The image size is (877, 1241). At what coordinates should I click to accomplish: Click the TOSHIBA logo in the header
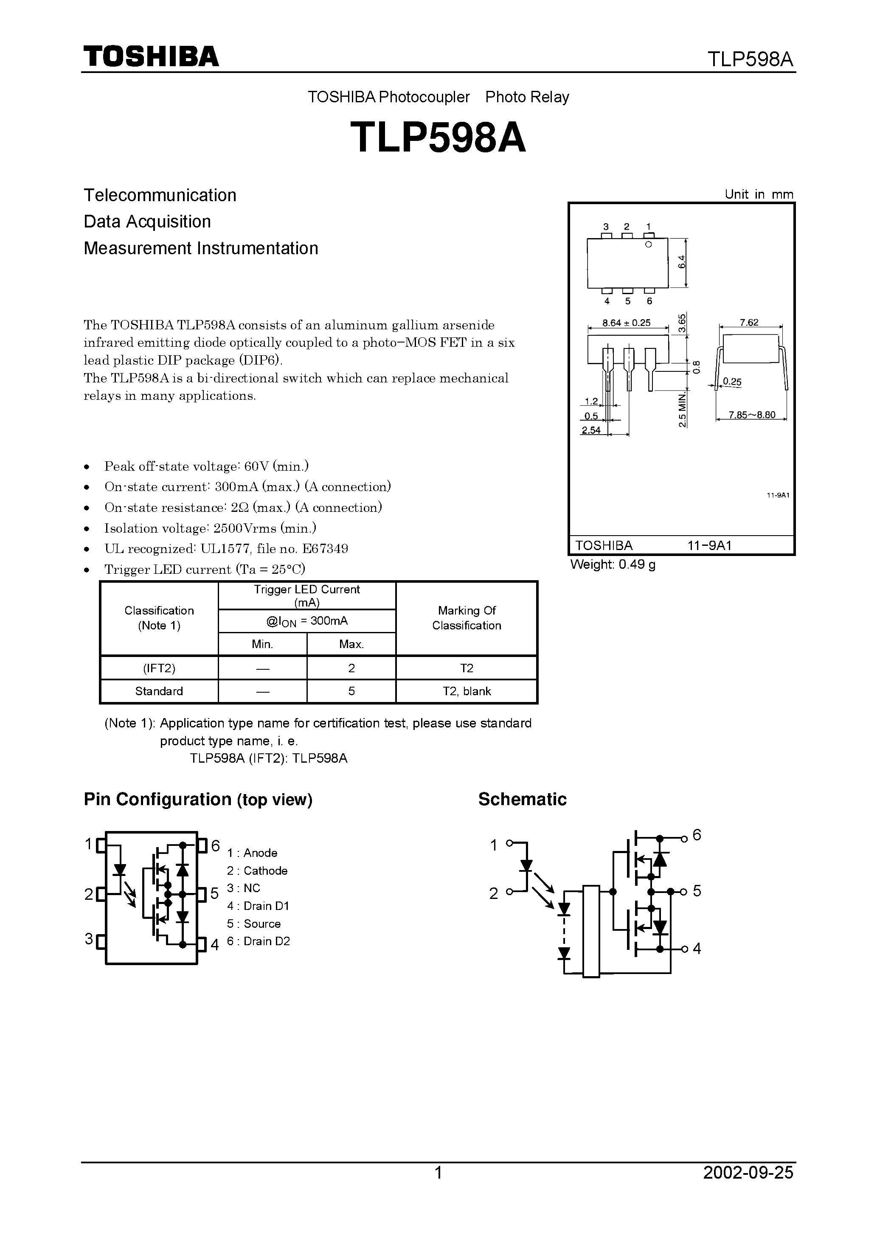(x=151, y=56)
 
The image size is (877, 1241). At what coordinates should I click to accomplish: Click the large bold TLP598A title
(x=438, y=138)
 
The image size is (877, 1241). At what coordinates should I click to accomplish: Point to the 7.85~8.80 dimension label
(x=751, y=415)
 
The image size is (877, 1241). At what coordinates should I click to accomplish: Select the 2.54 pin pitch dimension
(x=591, y=430)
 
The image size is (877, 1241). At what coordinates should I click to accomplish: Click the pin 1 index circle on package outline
(x=649, y=245)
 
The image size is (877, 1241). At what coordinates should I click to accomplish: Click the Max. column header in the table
(x=351, y=644)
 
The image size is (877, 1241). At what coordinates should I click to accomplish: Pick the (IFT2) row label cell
(x=159, y=668)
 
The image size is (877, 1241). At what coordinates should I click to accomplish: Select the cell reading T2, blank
(x=467, y=691)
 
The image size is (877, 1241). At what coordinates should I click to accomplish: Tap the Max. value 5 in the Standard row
(x=351, y=691)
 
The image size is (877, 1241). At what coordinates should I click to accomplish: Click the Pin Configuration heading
(x=198, y=800)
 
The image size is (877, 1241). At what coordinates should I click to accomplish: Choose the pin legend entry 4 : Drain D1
(x=259, y=906)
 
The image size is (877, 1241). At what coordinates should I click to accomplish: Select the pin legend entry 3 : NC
(x=244, y=888)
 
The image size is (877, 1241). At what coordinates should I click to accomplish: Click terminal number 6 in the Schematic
(x=697, y=835)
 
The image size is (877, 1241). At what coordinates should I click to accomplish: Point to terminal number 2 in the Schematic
(x=493, y=894)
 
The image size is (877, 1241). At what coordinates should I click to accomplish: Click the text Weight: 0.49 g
(x=613, y=565)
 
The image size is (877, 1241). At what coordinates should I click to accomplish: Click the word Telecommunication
(x=160, y=195)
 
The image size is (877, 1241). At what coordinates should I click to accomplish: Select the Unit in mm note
(x=759, y=194)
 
